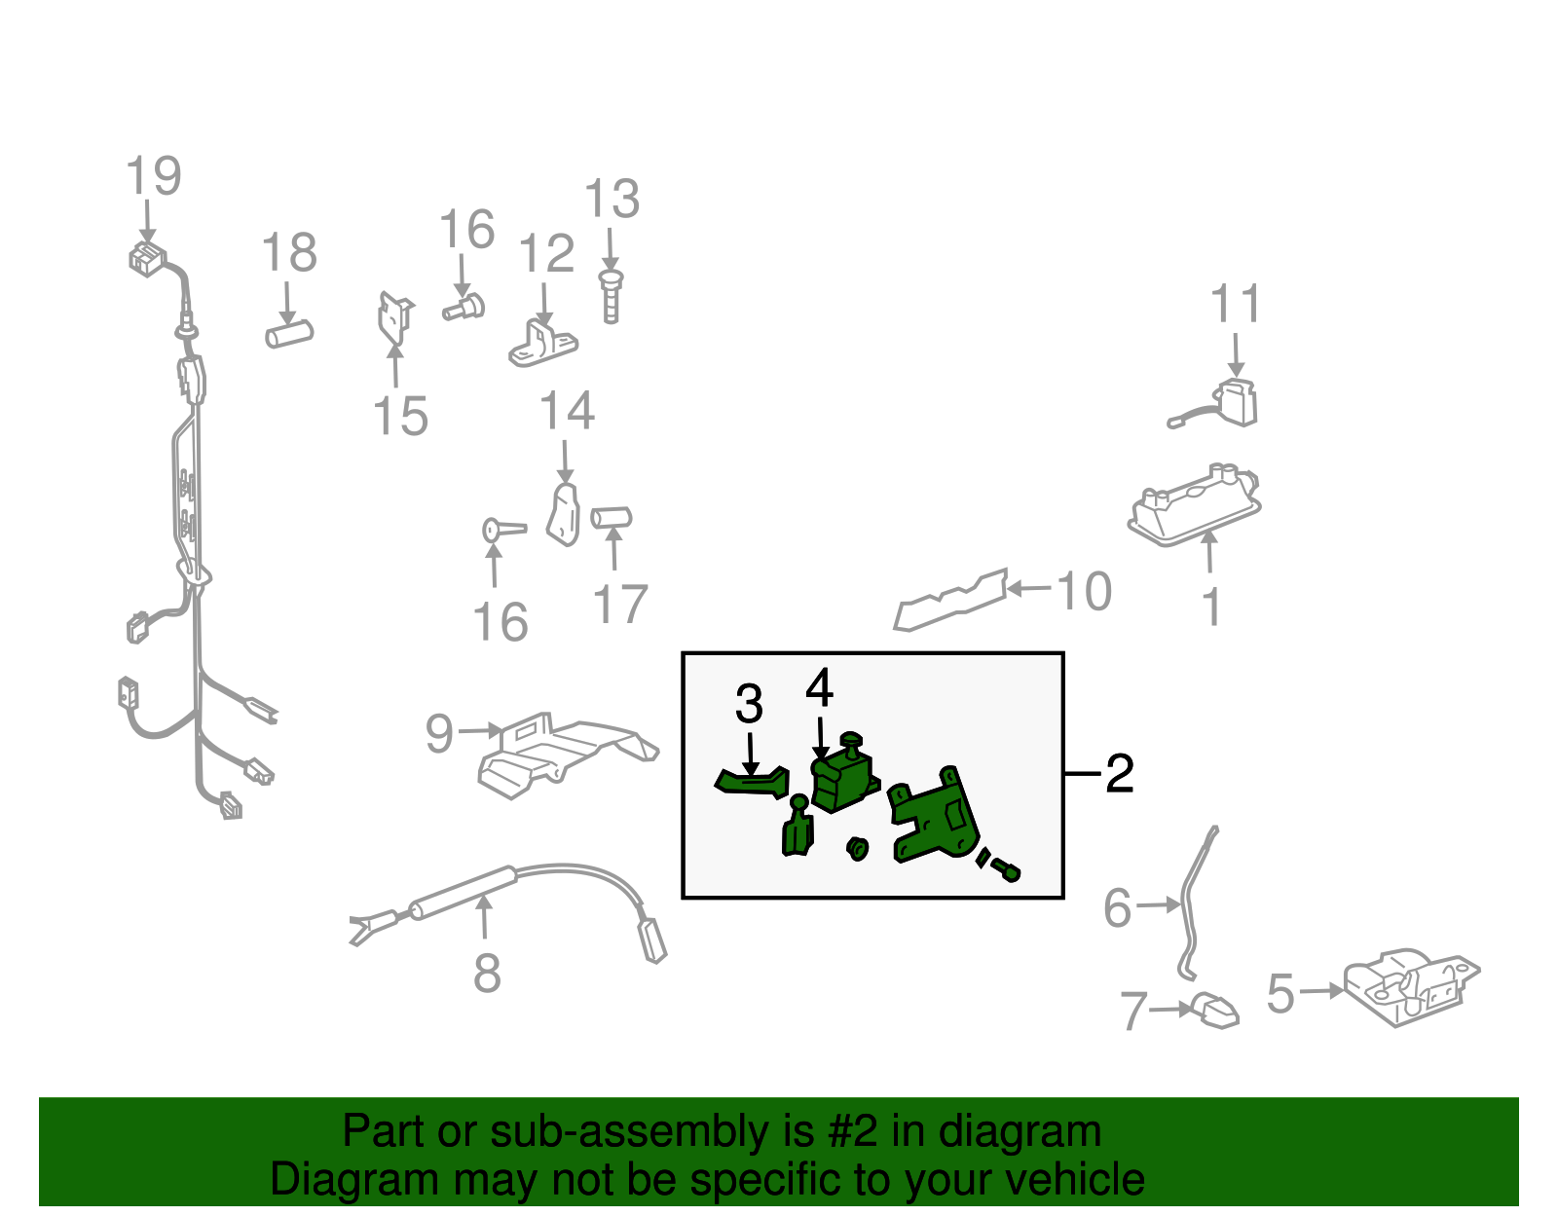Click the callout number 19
[154, 175]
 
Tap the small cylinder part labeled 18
[289, 335]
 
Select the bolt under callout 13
[611, 297]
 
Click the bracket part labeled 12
[543, 344]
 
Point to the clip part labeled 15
[395, 317]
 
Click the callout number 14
[567, 411]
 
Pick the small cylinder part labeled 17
[611, 517]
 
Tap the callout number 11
[1236, 304]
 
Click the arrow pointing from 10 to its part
[1029, 589]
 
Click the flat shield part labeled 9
[568, 755]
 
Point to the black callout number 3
[749, 704]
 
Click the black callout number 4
[820, 687]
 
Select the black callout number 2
[1120, 774]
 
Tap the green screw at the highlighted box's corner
[1005, 870]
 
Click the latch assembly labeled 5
[1410, 986]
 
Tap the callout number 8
[488, 973]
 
